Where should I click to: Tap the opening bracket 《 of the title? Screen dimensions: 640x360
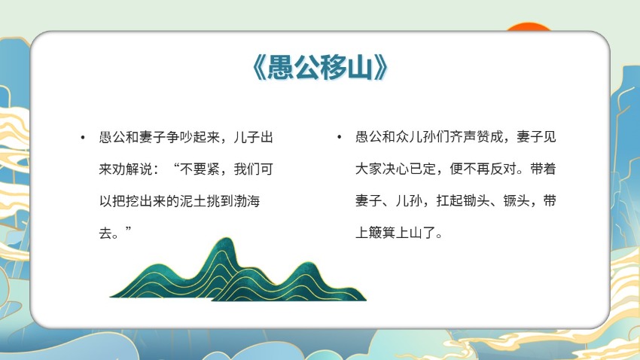point(259,67)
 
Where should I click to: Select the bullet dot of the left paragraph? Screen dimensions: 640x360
point(83,138)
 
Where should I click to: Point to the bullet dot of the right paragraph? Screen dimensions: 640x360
point(339,138)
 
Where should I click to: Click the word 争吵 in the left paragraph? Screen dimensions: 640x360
point(179,137)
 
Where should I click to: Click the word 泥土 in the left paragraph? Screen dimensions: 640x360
point(193,201)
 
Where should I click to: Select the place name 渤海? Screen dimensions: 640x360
point(246,201)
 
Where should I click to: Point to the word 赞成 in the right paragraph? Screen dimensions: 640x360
point(489,137)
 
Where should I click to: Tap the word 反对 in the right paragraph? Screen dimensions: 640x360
point(503,169)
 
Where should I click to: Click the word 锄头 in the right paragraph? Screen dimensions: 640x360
point(476,200)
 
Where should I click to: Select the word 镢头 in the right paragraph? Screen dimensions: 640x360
point(517,200)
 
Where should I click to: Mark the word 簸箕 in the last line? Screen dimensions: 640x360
point(382,233)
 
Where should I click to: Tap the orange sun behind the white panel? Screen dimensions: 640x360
point(529,27)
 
